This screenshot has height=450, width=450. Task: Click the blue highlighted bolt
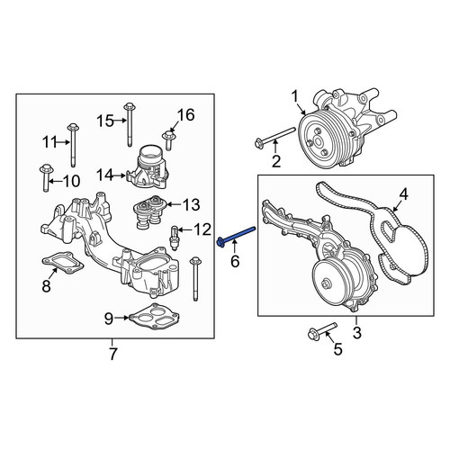(236, 235)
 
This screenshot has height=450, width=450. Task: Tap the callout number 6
(235, 261)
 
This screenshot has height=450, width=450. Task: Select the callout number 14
(105, 175)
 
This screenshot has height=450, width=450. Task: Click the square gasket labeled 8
(63, 263)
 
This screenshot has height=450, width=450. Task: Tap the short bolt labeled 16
(168, 139)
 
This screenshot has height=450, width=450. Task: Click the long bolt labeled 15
(130, 124)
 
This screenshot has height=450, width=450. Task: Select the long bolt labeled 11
(73, 145)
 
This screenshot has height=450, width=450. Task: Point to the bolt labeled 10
(46, 177)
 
